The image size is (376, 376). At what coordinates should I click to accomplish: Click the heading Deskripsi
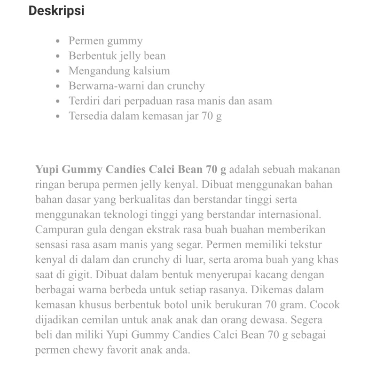point(56,11)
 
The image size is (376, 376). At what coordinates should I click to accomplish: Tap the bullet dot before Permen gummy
point(58,41)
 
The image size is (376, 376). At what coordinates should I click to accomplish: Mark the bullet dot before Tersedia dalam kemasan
point(58,116)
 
